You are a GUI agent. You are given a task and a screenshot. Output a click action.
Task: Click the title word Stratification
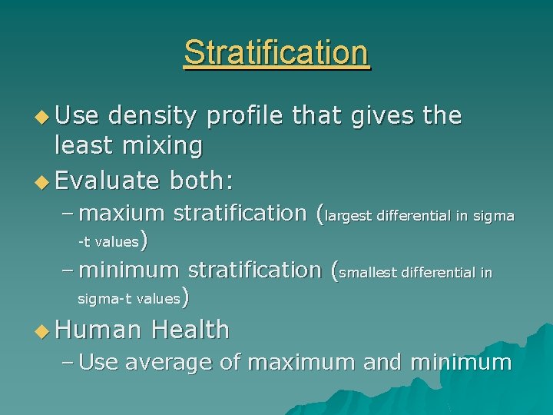(x=276, y=53)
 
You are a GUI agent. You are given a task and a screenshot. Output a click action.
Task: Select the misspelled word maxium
(x=121, y=212)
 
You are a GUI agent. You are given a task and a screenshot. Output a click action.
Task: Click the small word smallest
(x=366, y=272)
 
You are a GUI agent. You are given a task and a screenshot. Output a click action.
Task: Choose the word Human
(x=98, y=329)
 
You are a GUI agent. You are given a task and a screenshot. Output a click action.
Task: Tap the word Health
(x=190, y=329)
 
